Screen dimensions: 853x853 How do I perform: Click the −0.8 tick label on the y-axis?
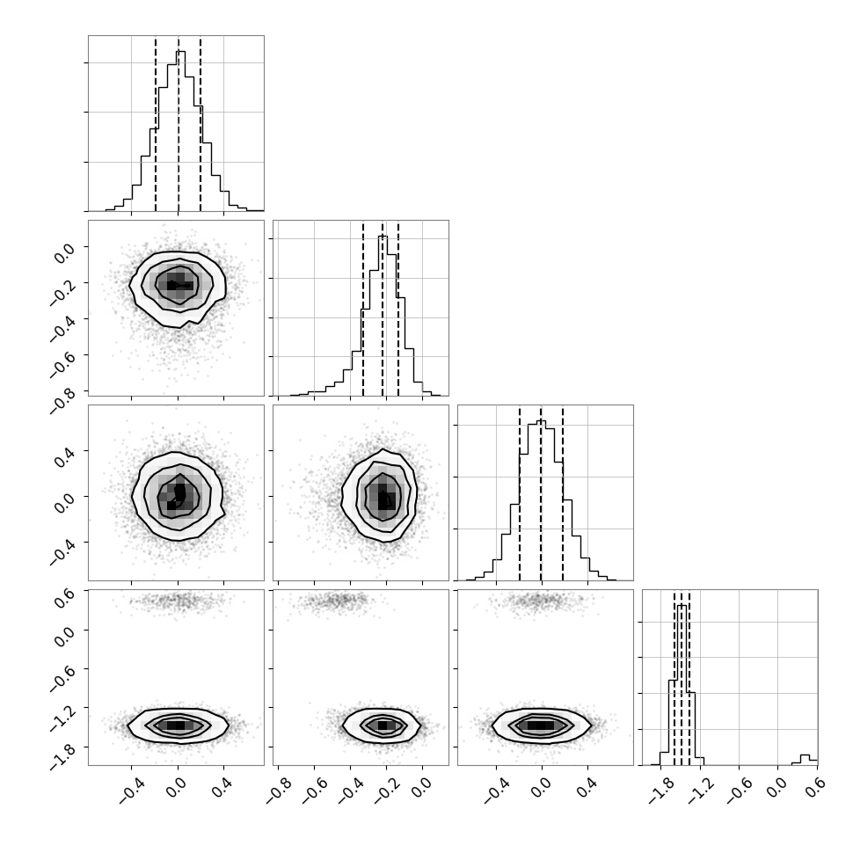tap(64, 400)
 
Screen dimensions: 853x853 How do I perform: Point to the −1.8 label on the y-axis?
tap(64, 757)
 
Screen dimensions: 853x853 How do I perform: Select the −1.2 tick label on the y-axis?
tap(64, 718)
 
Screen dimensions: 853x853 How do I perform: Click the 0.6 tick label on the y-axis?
tap(64, 594)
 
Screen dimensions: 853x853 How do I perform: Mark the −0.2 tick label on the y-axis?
tap(64, 292)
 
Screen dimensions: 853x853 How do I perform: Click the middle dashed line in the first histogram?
tap(179, 124)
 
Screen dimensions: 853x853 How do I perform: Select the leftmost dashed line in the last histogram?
tap(674, 678)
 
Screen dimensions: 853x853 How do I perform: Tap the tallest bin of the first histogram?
tap(180, 130)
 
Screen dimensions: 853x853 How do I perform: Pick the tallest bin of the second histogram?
tap(383, 316)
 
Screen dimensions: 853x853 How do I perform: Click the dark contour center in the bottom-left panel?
tap(175, 725)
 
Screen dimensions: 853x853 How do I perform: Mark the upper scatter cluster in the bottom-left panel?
tap(179, 601)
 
